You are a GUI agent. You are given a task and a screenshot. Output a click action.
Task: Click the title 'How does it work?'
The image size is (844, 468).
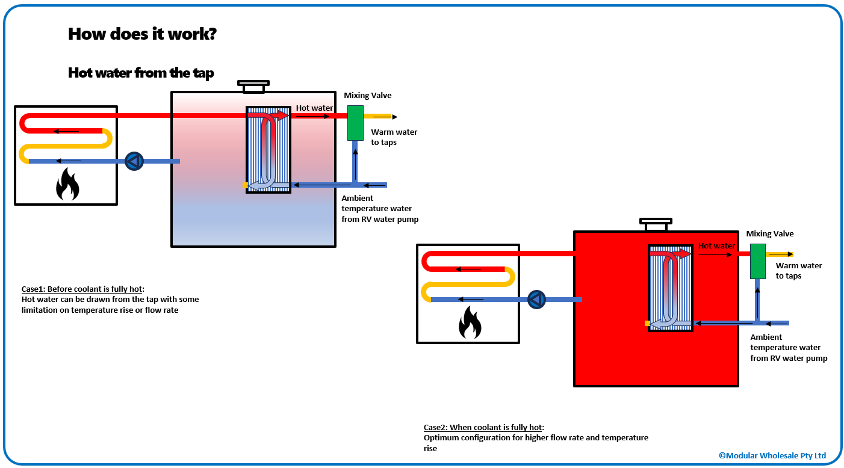point(142,34)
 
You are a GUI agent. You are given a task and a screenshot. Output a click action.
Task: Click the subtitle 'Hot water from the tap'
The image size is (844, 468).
point(141,73)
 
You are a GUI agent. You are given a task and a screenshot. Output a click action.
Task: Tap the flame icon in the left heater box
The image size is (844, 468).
point(67,184)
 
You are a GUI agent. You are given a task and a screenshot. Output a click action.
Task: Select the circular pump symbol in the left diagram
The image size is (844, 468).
point(134,161)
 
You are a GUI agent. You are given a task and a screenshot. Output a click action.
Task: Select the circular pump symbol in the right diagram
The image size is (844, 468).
point(536,300)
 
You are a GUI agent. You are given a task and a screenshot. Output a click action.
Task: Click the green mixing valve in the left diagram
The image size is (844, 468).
point(355,123)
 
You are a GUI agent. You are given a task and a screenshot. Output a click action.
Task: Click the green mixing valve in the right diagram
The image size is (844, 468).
point(757,261)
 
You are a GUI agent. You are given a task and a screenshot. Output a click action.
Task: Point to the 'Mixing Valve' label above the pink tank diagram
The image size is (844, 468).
point(367,96)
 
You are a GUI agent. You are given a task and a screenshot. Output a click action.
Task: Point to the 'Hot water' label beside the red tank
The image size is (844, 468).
point(716,246)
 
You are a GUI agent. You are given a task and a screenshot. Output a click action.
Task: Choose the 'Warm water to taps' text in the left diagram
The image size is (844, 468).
point(394,137)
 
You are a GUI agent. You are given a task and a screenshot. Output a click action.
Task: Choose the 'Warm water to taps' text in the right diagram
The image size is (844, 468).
point(798,271)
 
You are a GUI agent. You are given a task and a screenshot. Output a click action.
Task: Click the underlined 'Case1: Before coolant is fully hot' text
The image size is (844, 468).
point(83,289)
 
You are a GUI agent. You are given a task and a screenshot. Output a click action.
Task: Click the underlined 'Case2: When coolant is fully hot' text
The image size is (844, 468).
point(483,427)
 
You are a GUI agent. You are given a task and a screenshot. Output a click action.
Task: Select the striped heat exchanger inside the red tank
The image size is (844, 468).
point(671,288)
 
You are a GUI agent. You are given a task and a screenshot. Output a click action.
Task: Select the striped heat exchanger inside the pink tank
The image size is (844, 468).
point(268,150)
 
